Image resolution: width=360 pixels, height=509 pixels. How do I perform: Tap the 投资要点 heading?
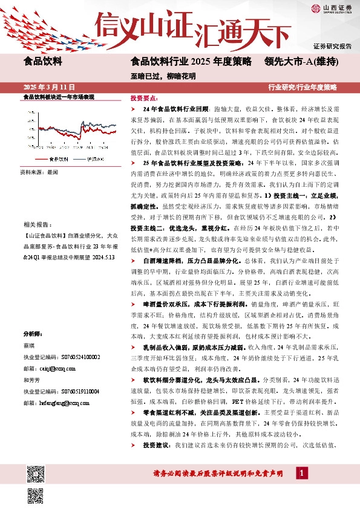(144, 97)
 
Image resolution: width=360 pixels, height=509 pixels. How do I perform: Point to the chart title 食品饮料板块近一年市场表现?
(58, 97)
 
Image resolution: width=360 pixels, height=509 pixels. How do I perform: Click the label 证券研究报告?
(332, 47)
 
